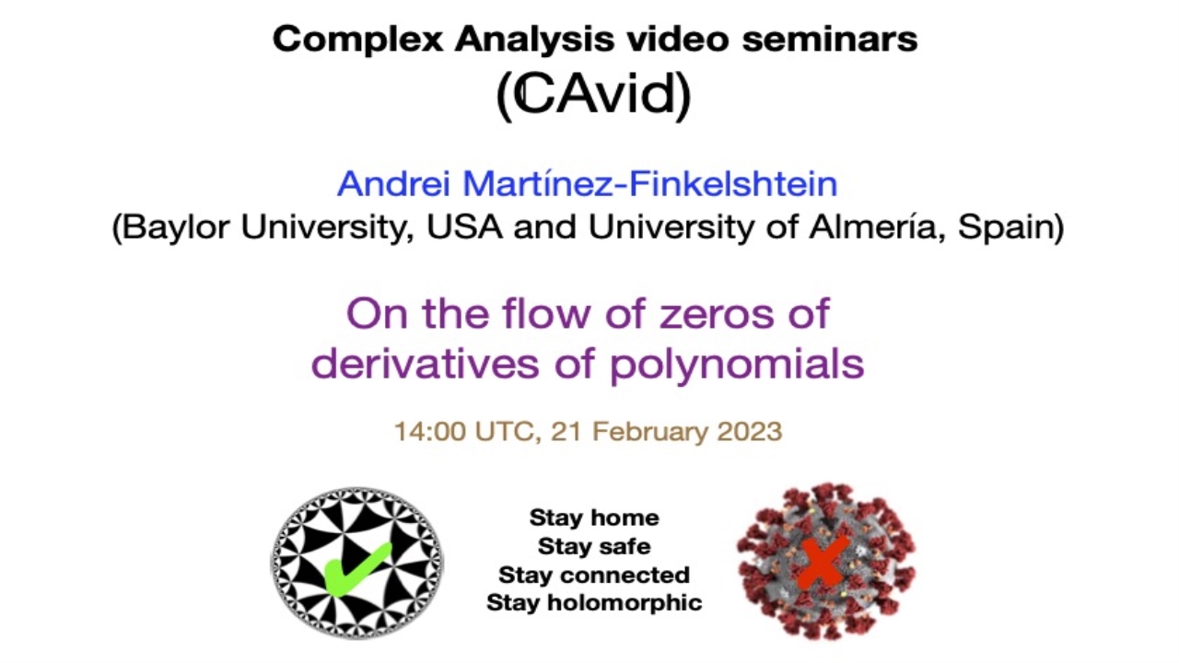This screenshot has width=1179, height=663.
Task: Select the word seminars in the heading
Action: [x=830, y=40]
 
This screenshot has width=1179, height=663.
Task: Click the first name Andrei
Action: [x=393, y=183]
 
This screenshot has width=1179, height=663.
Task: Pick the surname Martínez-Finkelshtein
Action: [x=650, y=183]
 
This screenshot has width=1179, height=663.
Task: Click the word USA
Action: [x=464, y=227]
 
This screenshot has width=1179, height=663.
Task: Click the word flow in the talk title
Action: [x=548, y=314]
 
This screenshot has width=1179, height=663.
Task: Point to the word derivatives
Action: [x=426, y=364]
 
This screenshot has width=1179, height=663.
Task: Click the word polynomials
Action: [x=737, y=366]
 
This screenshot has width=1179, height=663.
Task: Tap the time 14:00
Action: [x=430, y=432]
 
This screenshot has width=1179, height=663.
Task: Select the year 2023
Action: [x=750, y=432]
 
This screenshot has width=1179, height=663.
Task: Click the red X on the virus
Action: [x=823, y=563]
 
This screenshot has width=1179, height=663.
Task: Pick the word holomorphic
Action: [x=625, y=603]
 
